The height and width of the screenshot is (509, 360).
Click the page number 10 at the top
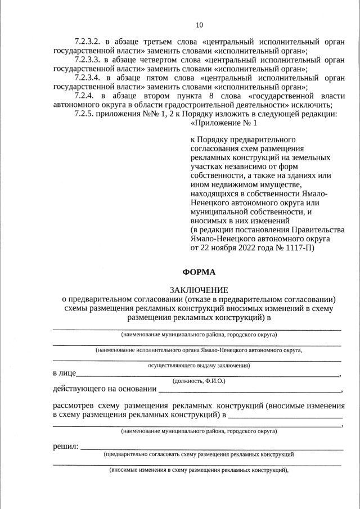(199, 25)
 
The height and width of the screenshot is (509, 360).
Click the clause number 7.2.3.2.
(87, 42)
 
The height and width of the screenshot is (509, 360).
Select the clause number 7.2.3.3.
(87, 60)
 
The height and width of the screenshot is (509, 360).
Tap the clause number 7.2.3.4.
(87, 78)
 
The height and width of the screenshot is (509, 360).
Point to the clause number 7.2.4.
(84, 96)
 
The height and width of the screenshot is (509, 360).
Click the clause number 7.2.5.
(84, 114)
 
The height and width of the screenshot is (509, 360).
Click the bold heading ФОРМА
(199, 272)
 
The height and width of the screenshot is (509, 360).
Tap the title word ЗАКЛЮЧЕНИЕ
(199, 290)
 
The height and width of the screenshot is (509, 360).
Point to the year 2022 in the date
(246, 247)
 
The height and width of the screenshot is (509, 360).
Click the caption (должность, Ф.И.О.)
(199, 381)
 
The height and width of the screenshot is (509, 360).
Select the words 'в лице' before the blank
(64, 373)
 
